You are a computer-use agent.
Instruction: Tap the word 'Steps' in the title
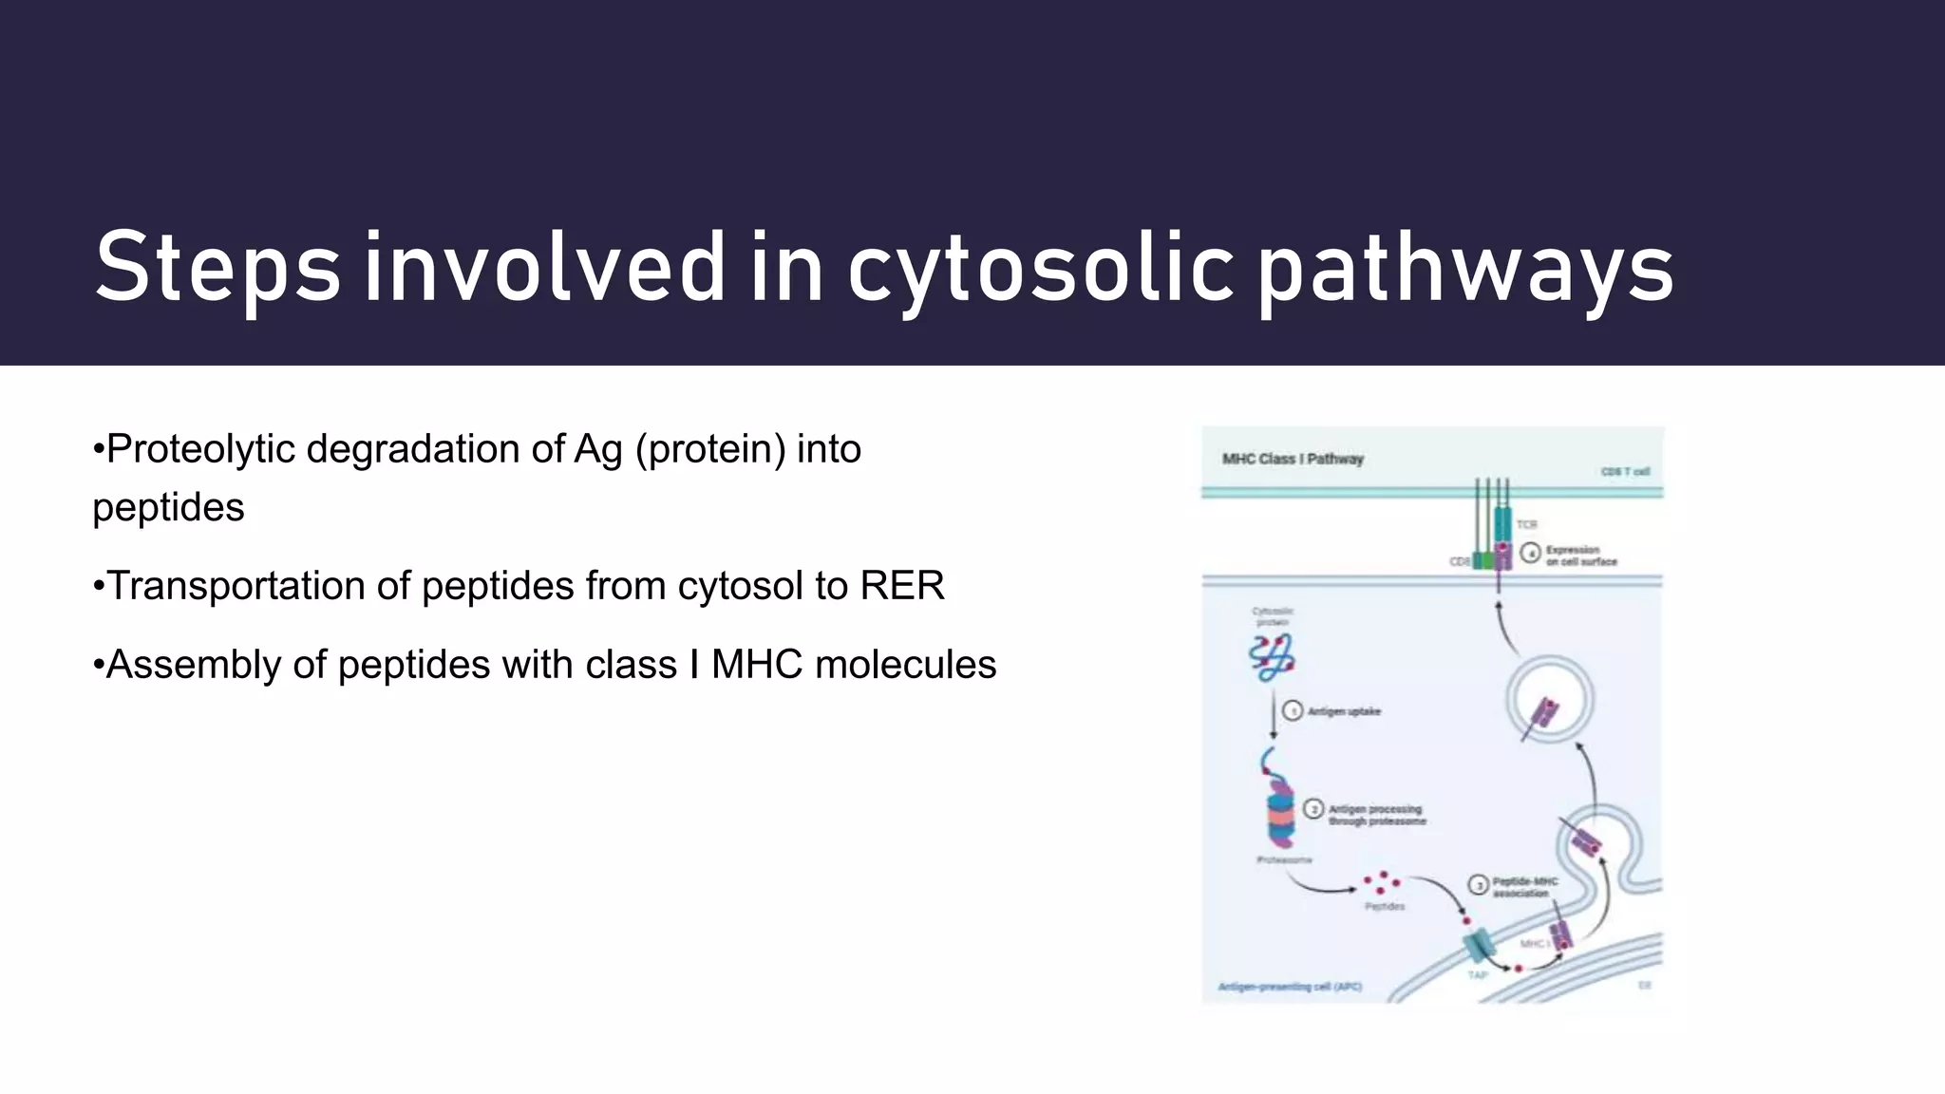(x=217, y=270)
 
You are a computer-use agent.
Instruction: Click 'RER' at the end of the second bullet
(x=901, y=586)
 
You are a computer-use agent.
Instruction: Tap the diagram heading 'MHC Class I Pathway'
(x=1293, y=459)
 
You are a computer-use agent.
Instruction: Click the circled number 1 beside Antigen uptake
(x=1293, y=711)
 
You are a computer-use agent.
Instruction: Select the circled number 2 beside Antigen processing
(x=1314, y=809)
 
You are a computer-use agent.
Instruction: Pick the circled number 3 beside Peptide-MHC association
(x=1479, y=885)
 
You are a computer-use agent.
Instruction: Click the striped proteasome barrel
(x=1279, y=817)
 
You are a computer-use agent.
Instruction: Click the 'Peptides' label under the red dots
(x=1385, y=907)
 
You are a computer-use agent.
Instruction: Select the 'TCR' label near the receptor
(x=1526, y=525)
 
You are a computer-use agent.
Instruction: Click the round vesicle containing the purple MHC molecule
(x=1549, y=701)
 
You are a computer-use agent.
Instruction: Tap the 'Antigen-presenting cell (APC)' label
(x=1290, y=988)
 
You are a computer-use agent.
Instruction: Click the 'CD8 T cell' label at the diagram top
(x=1625, y=472)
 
